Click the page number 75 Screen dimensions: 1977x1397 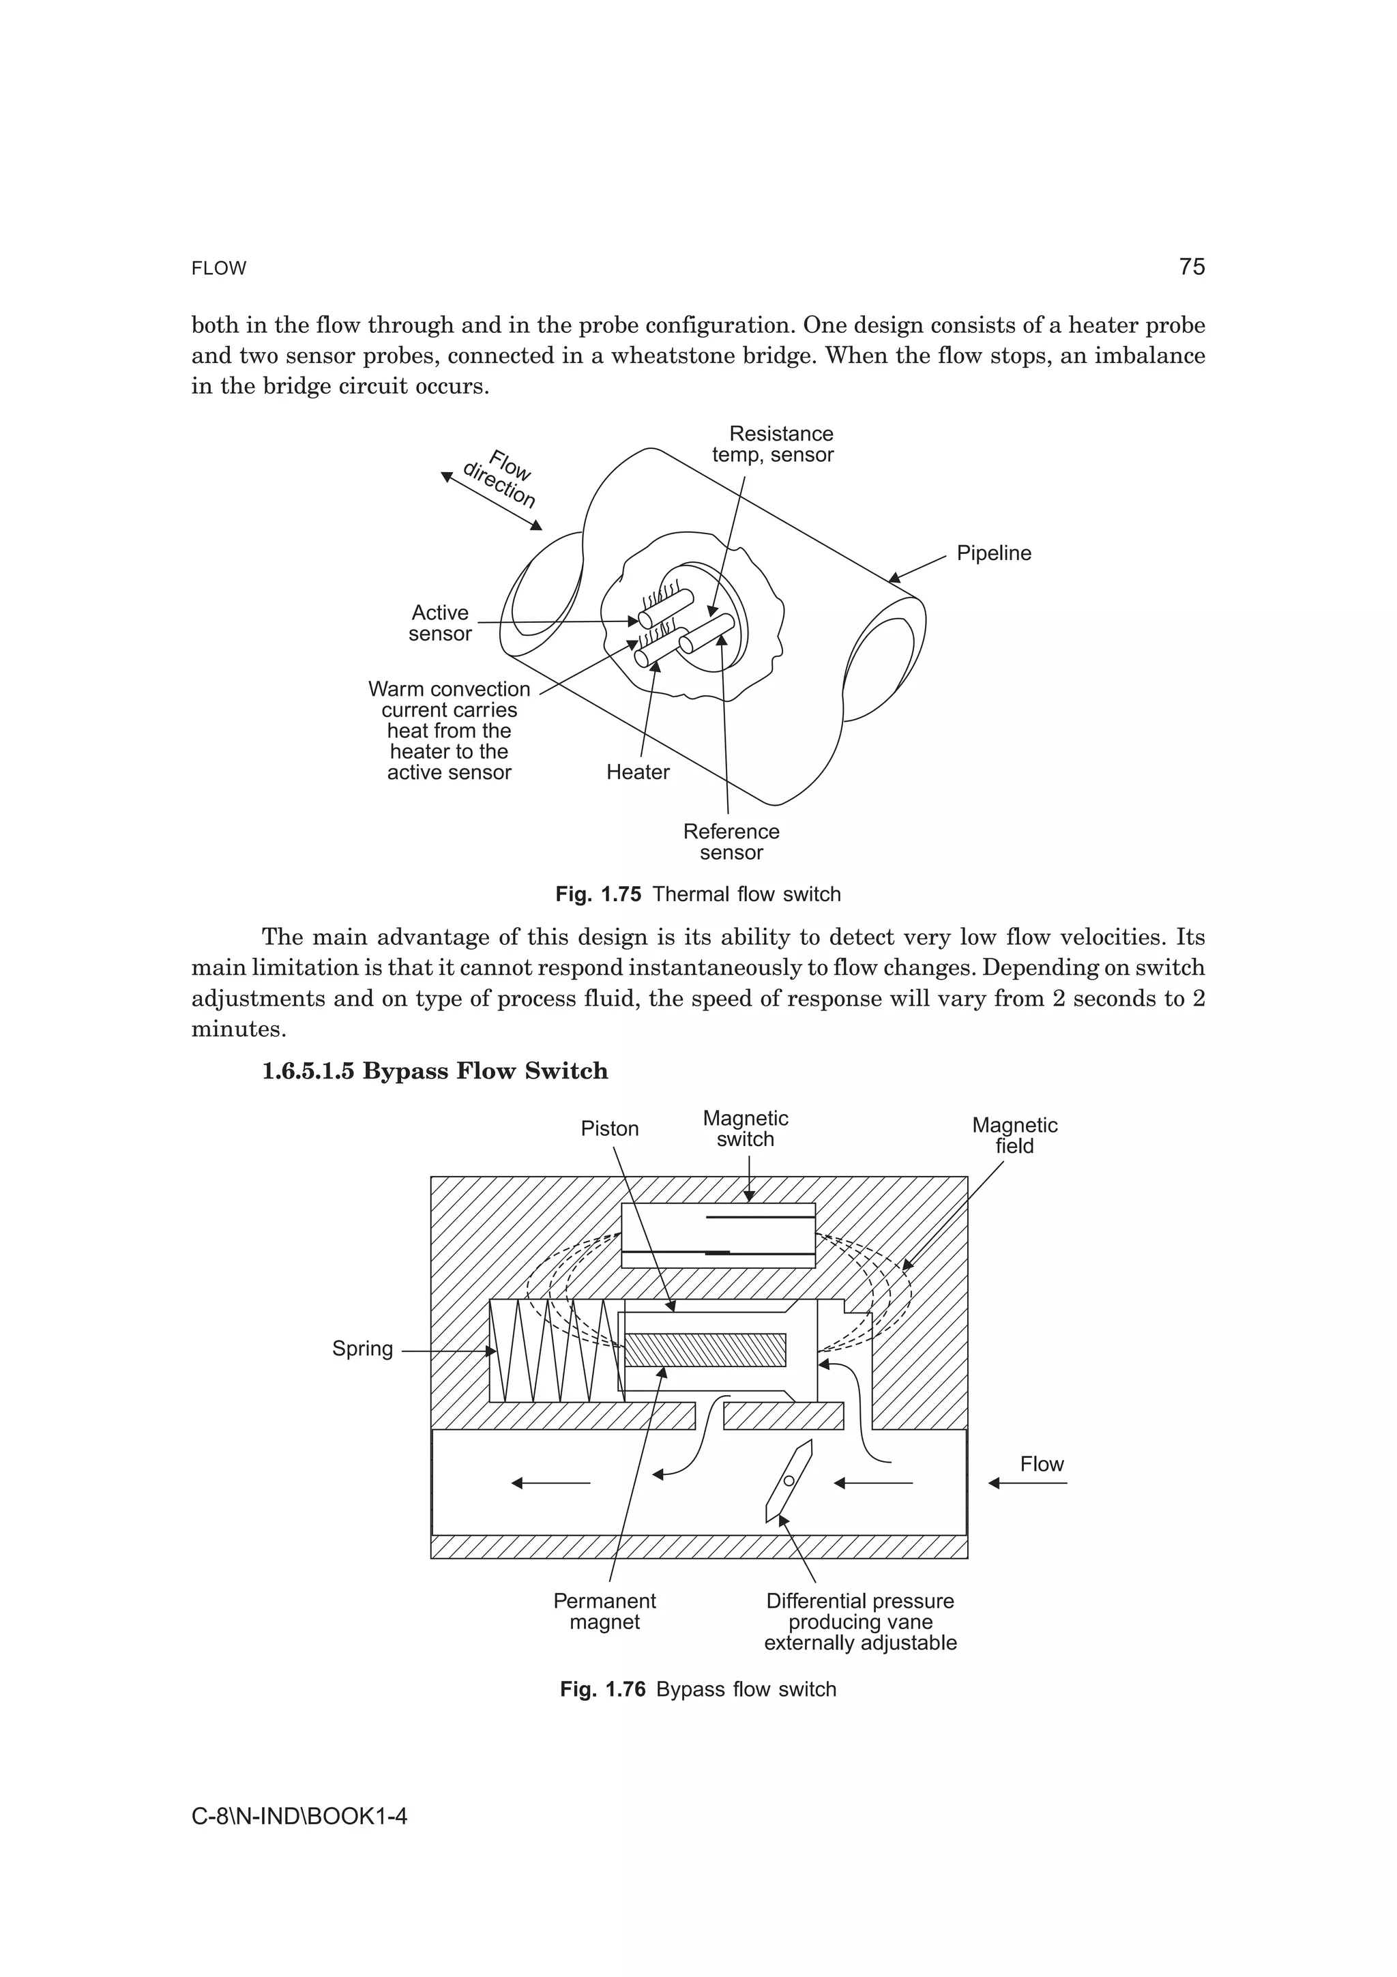[1191, 267]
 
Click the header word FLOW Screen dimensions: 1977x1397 [219, 269]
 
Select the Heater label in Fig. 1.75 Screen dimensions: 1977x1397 [637, 772]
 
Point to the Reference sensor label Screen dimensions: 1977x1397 [731, 842]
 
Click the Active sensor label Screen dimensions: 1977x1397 [440, 624]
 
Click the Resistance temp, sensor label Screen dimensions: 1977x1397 [773, 444]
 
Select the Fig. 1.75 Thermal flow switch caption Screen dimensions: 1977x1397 [697, 894]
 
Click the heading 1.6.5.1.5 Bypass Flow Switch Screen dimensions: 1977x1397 [435, 1071]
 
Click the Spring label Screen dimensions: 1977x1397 [362, 1349]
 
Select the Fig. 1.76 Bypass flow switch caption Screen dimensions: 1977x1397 [697, 1689]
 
